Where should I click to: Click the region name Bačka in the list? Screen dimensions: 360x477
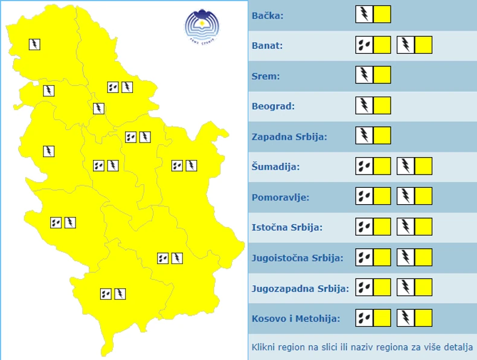(267, 15)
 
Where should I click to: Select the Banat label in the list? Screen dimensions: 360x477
(267, 46)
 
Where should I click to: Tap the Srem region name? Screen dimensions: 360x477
(264, 76)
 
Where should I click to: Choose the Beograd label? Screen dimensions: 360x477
(273, 106)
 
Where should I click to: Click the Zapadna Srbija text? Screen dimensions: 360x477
(289, 137)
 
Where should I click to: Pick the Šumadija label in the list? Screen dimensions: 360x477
(275, 167)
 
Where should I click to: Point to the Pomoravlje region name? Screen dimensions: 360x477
(280, 197)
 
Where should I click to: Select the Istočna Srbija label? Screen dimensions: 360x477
(287, 228)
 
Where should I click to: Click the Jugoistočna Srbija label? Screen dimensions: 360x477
(297, 258)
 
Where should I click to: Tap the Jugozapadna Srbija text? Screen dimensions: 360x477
(300, 288)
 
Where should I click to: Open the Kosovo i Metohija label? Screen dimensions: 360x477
(296, 318)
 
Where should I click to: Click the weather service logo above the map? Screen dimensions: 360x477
(202, 27)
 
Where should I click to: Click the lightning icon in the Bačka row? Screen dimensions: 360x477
(364, 14)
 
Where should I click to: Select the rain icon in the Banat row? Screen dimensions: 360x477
(364, 45)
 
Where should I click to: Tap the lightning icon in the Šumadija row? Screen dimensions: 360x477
(406, 166)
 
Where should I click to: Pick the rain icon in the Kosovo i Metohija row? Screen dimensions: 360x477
(364, 318)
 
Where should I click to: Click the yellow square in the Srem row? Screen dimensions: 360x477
(382, 75)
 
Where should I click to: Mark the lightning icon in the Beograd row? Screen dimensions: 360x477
(364, 106)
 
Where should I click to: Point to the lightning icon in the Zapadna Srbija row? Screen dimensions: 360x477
(364, 135)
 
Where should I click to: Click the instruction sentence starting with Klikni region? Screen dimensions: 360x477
(362, 347)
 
